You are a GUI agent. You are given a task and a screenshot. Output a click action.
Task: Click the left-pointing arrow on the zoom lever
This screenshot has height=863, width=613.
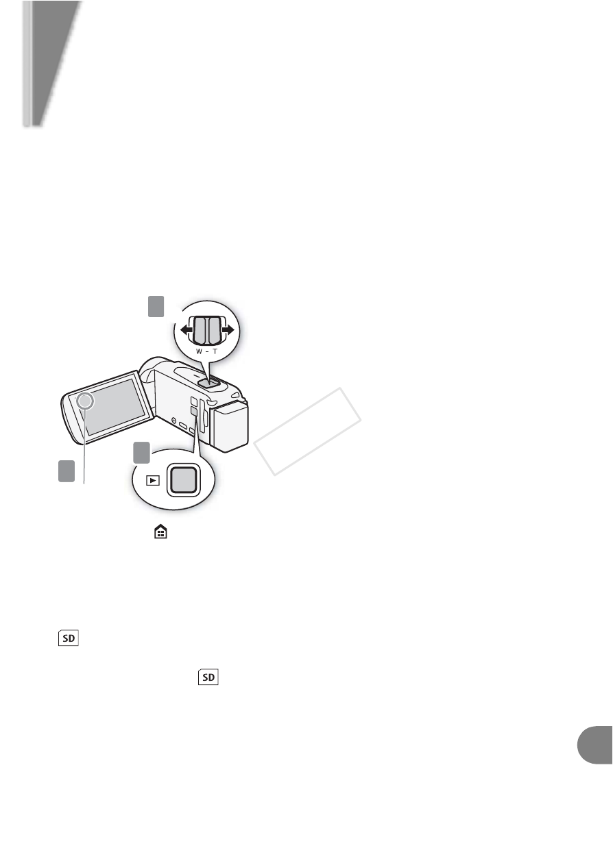[187, 330]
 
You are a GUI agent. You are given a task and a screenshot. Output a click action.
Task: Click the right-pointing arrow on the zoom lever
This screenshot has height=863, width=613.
[228, 330]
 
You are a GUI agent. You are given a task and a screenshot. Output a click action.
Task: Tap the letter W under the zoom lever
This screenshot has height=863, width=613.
[199, 351]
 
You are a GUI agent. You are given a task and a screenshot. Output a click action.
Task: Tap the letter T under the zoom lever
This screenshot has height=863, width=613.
[215, 351]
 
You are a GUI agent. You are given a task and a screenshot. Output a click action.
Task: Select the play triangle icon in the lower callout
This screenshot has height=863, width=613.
[153, 480]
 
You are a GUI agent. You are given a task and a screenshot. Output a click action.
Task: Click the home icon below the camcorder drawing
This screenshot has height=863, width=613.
[160, 532]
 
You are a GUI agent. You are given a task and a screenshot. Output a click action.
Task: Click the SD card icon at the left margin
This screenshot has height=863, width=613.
[69, 638]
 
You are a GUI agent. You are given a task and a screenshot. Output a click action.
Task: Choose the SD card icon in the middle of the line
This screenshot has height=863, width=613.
[208, 677]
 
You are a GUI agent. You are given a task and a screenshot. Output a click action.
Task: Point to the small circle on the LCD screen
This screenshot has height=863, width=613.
[85, 401]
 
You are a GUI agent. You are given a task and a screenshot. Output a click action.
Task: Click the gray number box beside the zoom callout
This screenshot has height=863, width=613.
[156, 306]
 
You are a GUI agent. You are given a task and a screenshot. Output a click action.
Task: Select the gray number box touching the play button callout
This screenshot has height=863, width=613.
[141, 453]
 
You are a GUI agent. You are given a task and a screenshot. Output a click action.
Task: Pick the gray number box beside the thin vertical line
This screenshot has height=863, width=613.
[67, 471]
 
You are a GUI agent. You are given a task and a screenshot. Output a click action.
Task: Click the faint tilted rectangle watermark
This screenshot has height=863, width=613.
[307, 431]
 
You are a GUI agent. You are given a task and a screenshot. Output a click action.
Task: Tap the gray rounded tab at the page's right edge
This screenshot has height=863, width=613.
[595, 745]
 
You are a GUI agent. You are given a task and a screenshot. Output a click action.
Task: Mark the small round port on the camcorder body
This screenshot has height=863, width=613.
[173, 420]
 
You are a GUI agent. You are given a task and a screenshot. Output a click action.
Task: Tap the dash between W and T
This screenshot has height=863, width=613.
[208, 351]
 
